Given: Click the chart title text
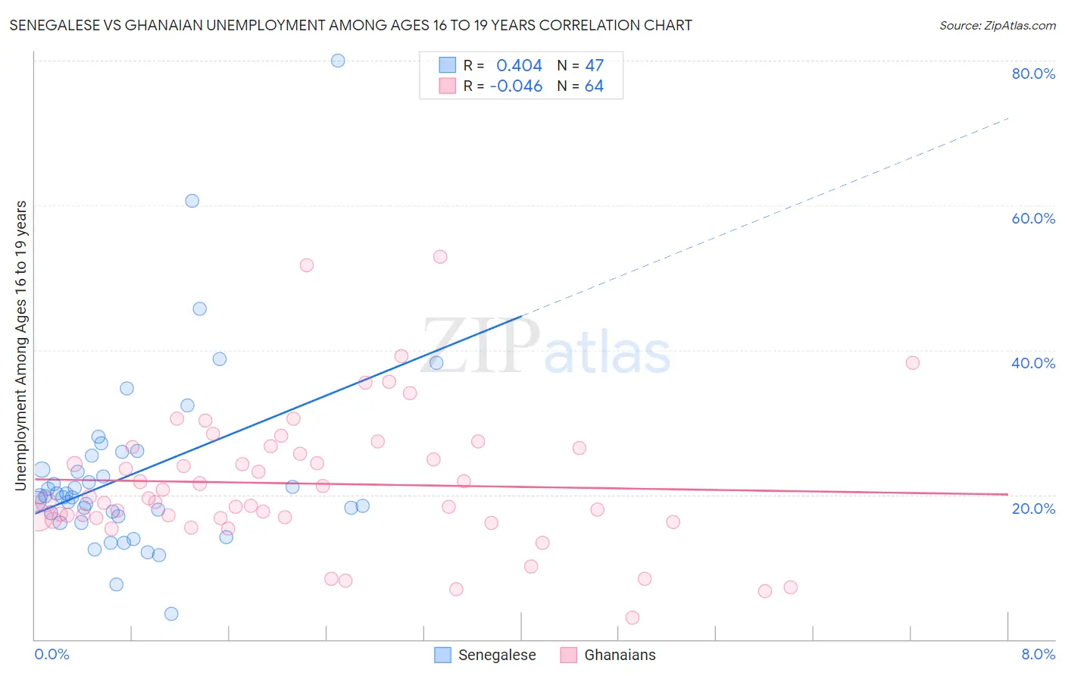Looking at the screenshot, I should (351, 25).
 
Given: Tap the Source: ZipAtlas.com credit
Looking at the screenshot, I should (997, 25).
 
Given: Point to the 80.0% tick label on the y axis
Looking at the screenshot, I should (1033, 74).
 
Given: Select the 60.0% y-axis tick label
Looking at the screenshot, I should (1033, 218).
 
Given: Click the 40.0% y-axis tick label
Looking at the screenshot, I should (1033, 363).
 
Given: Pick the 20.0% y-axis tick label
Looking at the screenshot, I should (1033, 508).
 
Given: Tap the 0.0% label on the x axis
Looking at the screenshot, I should (52, 654).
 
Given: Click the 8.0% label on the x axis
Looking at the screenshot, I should (1038, 654).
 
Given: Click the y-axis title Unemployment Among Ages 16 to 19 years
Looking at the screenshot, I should (21, 346).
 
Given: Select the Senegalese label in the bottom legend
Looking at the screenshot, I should (497, 655).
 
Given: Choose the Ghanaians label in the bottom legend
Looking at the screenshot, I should (620, 655).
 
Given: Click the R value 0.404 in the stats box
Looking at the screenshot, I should (519, 66).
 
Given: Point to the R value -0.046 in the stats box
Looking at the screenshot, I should (516, 86).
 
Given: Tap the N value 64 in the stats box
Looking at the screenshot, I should (594, 86).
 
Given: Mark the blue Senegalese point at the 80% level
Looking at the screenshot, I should (338, 61).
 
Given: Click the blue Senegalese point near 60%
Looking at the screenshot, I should (192, 201).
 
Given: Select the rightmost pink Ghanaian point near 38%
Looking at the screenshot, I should (913, 363).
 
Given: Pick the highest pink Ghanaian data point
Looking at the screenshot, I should (440, 257).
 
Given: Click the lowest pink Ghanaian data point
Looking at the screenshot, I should (632, 618).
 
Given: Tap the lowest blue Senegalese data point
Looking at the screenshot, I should (171, 614).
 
